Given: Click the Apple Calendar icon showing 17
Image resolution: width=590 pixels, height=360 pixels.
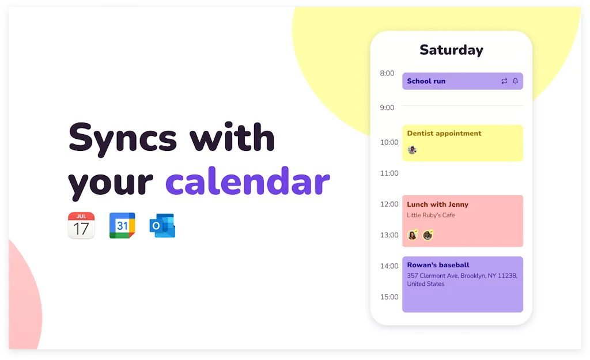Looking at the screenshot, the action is coord(81,225).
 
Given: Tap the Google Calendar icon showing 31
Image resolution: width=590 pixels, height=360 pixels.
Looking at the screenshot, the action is coord(122,225).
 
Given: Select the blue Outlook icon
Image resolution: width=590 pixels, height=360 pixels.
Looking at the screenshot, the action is coord(162,225).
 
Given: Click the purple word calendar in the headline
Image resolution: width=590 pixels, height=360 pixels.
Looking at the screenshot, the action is coord(248,182).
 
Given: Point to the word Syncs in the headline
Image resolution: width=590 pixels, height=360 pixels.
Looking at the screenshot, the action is coord(123,139).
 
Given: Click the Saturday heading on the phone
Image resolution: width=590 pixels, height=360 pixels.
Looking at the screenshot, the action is coord(451,50).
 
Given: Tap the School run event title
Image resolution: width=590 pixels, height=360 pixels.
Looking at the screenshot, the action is coord(426,81).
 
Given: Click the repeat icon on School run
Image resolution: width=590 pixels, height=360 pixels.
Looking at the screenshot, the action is coord(504,81).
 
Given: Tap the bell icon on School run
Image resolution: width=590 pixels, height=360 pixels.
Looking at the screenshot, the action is coord(515,81).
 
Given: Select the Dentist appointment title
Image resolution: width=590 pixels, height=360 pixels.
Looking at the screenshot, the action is coord(444,133).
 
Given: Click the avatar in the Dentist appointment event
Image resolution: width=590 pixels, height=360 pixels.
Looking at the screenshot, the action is coord(412,150).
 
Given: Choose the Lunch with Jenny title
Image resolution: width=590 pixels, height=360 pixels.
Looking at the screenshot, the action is coord(438,204).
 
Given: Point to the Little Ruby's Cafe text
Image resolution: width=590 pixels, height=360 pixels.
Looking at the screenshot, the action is coord(431,215).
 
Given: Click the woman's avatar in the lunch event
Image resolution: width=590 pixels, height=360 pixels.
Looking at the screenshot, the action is coord(413,235).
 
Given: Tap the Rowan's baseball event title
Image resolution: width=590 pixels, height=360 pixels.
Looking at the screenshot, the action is coord(438,265).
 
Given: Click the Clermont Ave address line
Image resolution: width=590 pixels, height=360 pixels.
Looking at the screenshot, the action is coord(462,276).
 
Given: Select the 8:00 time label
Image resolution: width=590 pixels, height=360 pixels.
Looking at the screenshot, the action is coord(387,73).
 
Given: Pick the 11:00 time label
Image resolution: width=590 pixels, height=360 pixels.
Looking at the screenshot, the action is coord(389,173).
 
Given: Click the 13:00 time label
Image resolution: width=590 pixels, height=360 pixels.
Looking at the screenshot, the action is coord(389,235).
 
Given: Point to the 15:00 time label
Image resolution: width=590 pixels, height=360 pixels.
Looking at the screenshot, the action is coord(389,297).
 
